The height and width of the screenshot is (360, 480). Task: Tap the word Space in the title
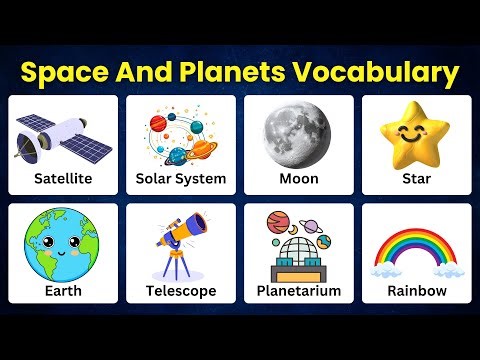click(x=66, y=72)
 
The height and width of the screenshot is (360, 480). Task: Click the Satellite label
click(x=62, y=179)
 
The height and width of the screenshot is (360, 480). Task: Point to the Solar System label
click(x=180, y=179)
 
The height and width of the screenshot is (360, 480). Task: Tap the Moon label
click(x=298, y=179)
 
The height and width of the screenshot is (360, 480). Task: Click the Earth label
click(x=62, y=291)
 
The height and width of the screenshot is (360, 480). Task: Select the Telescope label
click(x=180, y=291)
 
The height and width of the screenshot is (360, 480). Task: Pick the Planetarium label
click(x=298, y=291)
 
